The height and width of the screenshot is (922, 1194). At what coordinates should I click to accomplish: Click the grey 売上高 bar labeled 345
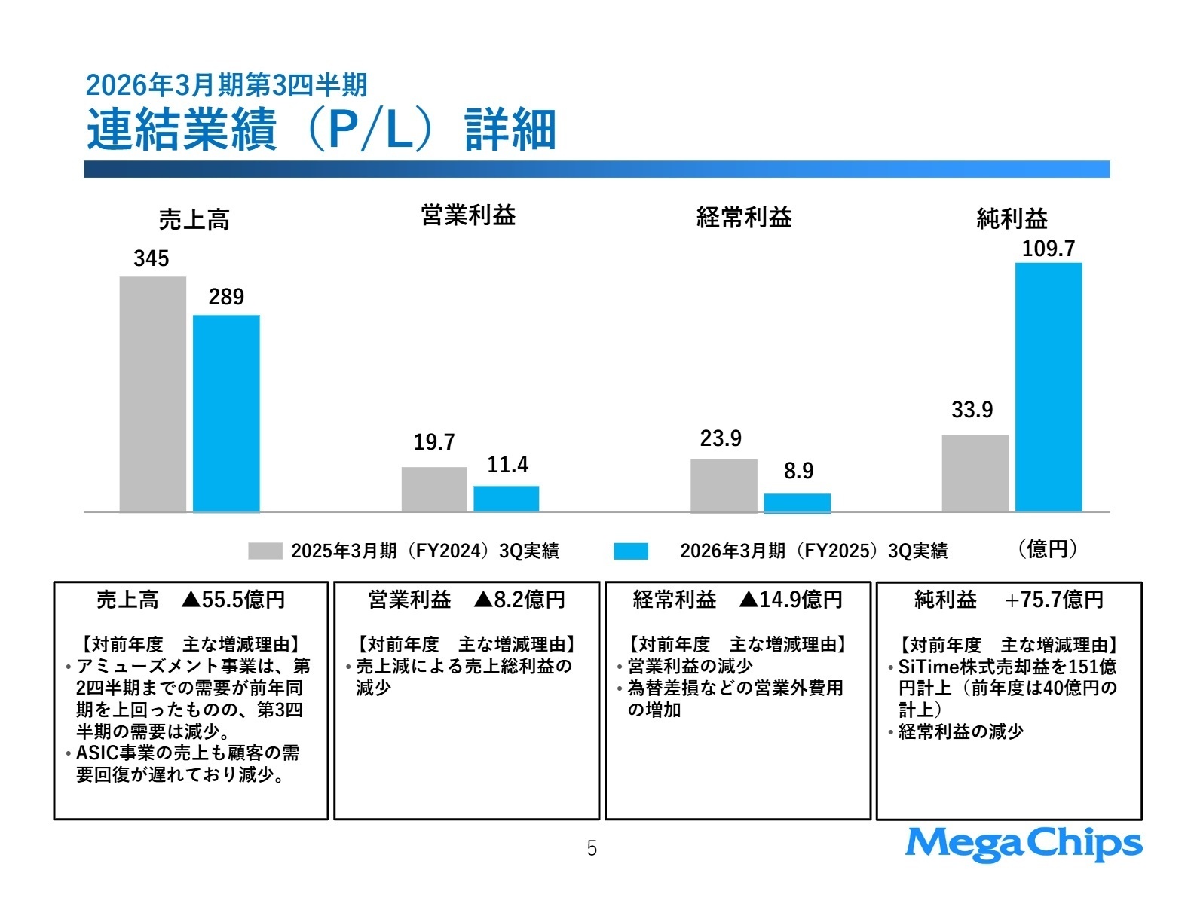pos(152,394)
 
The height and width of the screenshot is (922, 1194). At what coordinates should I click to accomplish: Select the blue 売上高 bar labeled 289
pos(226,414)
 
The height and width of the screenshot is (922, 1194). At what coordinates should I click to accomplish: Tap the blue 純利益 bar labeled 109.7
pos(1048,387)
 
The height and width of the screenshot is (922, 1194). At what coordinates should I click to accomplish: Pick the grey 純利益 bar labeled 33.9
pos(975,473)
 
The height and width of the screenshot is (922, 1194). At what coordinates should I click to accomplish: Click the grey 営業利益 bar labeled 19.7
pos(434,490)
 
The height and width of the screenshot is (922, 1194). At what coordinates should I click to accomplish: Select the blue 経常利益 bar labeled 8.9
pos(797,502)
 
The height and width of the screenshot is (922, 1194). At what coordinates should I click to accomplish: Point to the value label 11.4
pos(507,465)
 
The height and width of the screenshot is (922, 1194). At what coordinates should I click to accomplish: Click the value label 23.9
pos(721,438)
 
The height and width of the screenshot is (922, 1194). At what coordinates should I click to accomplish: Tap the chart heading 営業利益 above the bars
pos(468,216)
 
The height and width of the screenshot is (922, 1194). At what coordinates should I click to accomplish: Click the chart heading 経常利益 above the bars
pos(744,218)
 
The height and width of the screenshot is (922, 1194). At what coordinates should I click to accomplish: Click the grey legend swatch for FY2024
pos(265,551)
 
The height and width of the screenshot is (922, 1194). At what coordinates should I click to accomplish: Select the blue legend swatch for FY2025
pos(631,551)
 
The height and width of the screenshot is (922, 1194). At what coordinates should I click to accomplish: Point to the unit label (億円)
pos(1048,549)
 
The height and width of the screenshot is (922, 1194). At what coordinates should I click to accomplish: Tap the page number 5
pos(592,849)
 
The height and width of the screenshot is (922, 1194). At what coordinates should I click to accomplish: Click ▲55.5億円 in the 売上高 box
pos(234,600)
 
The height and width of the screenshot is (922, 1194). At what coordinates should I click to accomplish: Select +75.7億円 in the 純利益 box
pos(1054,600)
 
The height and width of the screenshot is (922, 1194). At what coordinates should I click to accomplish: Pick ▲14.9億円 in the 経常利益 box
pos(790,600)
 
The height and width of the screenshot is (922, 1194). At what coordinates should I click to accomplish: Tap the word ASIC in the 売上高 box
pos(94,753)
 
